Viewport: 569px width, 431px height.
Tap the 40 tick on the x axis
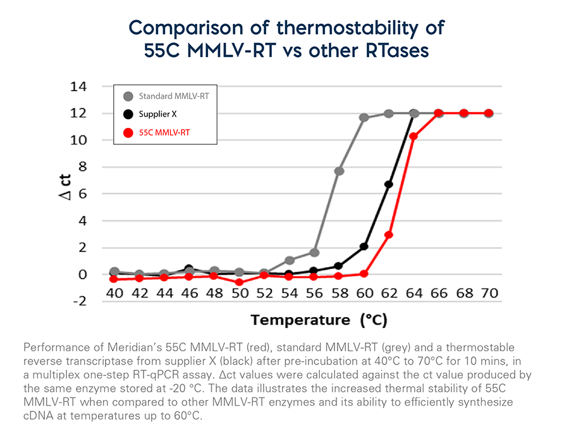click(x=114, y=293)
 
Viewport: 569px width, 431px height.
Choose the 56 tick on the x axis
click(x=314, y=293)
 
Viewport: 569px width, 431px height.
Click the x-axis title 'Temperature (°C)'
click(x=319, y=320)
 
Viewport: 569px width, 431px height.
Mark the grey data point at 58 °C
click(x=339, y=171)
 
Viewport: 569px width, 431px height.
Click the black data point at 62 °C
click(x=389, y=184)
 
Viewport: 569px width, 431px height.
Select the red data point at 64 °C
click(x=413, y=136)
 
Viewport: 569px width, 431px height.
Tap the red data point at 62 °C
click(x=389, y=235)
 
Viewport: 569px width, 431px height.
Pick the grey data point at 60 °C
click(x=364, y=117)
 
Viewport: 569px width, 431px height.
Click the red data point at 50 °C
click(x=239, y=282)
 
